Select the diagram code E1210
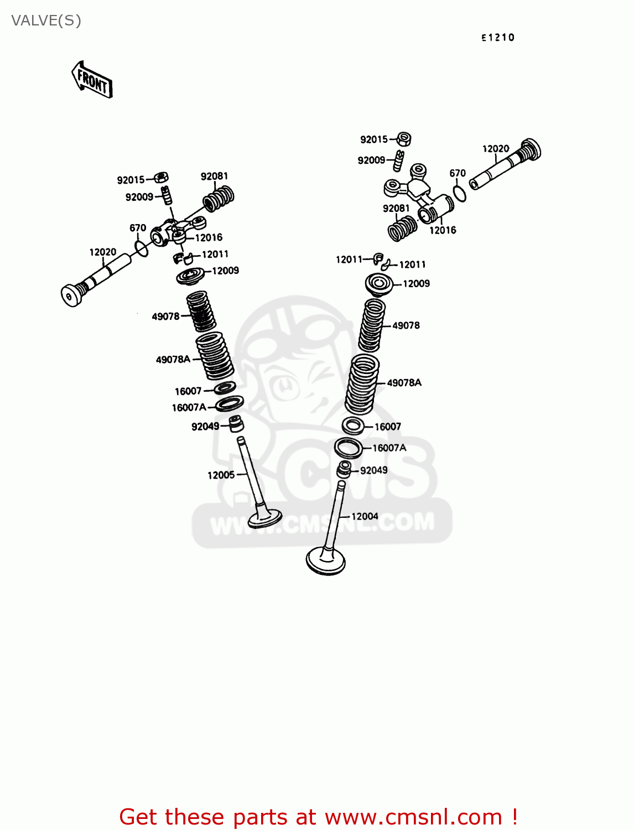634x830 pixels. click(x=497, y=38)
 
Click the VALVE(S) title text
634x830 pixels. click(x=46, y=21)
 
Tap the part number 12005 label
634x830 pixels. click(x=221, y=475)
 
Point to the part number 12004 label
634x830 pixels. click(x=365, y=516)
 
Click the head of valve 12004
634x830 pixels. click(x=326, y=561)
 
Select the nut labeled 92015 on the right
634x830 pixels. click(x=404, y=138)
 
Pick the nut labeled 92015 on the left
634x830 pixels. click(x=161, y=178)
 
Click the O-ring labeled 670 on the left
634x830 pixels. click(x=142, y=249)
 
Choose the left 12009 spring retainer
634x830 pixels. click(x=191, y=275)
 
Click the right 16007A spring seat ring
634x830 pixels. click(x=349, y=447)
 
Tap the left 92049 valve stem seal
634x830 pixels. click(x=236, y=424)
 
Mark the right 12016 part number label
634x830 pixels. click(x=443, y=230)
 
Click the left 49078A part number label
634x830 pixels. click(x=173, y=360)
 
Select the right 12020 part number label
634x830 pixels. click(x=495, y=149)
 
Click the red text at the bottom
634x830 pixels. click(x=318, y=817)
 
